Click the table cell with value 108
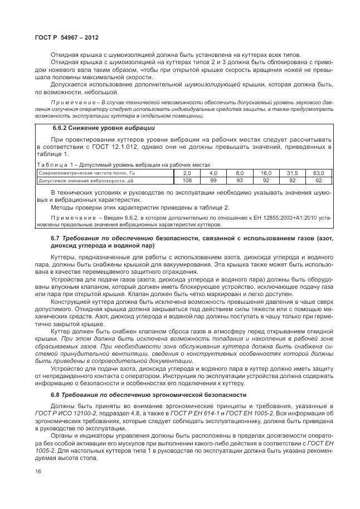pos(187,181)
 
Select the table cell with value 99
pos(213,181)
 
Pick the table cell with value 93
pos(240,181)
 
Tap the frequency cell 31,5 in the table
pos(293,173)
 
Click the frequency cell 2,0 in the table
pos(187,173)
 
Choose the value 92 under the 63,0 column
pos(319,181)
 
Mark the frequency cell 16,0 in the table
pos(266,173)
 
